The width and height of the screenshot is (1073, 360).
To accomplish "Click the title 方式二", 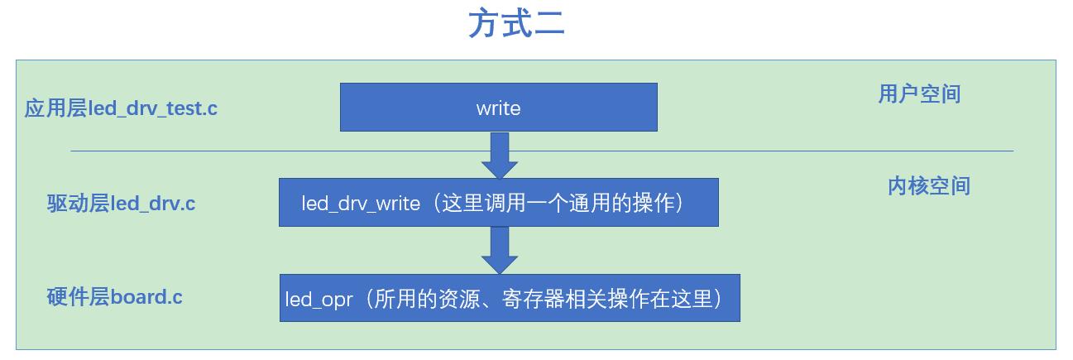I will click(517, 23).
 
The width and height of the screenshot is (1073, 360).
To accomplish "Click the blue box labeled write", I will click(498, 107).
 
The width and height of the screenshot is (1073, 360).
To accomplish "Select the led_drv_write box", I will click(498, 202).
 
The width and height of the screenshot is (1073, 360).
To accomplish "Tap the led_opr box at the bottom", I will click(509, 298).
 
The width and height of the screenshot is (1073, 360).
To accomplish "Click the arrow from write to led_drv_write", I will click(499, 156).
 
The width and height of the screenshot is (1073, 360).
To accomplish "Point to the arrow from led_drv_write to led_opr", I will click(499, 251).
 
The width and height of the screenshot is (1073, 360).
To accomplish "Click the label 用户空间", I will click(919, 94).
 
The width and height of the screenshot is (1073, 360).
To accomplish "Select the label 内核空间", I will click(928, 185).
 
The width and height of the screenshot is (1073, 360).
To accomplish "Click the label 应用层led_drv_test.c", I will click(121, 108).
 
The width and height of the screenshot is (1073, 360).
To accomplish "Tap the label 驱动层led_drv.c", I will click(121, 203).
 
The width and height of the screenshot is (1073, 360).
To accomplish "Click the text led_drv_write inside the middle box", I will click(361, 204).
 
